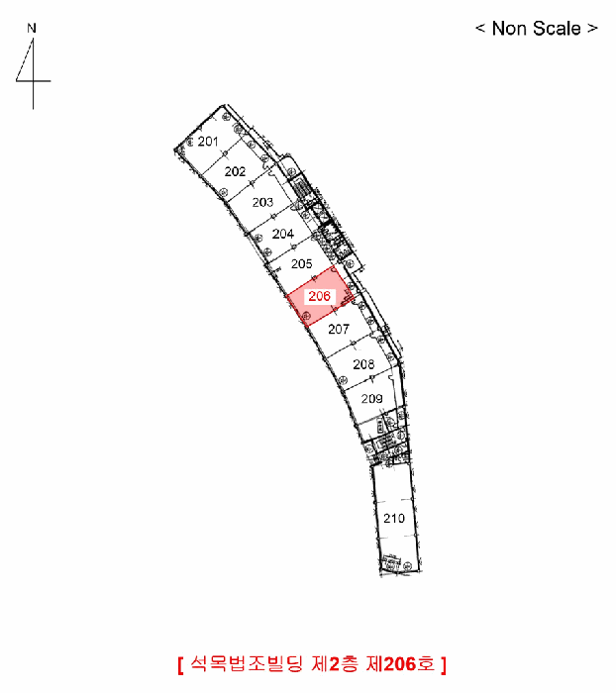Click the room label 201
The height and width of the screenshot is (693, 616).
pos(208,142)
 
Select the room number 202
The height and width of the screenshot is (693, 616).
pos(235,171)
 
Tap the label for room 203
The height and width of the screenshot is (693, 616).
pos(262,202)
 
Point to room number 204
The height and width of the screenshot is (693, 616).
pos(283,234)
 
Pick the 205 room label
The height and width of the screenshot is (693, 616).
pos(302,264)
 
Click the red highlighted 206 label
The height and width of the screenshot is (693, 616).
pos(319,296)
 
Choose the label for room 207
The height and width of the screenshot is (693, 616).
pos(339,329)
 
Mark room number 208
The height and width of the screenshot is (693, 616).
pos(363,364)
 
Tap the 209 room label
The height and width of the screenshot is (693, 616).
pos(371,399)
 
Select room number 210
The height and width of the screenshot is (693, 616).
pos(394,518)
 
